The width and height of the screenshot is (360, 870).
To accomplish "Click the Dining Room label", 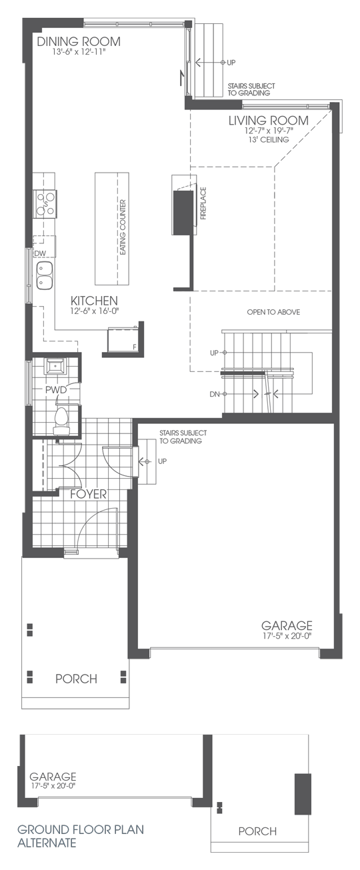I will click(79, 41).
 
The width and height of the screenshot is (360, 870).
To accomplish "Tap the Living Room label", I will click(269, 121).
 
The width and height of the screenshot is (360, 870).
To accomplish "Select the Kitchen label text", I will click(94, 301).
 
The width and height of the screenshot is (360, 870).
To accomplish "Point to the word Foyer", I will click(89, 495).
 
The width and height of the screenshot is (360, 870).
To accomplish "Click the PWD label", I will click(55, 389).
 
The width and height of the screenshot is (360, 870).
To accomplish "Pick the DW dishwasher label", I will click(39, 254).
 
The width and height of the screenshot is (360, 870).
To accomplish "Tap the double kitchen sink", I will click(44, 275).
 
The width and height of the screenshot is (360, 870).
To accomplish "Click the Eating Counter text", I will click(123, 226).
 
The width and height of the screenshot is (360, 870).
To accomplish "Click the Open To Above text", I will click(273, 312).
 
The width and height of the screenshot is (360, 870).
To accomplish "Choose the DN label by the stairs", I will click(214, 395).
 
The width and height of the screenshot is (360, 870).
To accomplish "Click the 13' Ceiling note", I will click(269, 140).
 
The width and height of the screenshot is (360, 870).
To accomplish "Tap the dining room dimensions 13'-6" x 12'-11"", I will click(79, 53).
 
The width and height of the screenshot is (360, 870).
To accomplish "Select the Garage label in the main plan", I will click(287, 626).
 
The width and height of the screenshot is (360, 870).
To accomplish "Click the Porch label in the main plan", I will click(76, 679).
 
